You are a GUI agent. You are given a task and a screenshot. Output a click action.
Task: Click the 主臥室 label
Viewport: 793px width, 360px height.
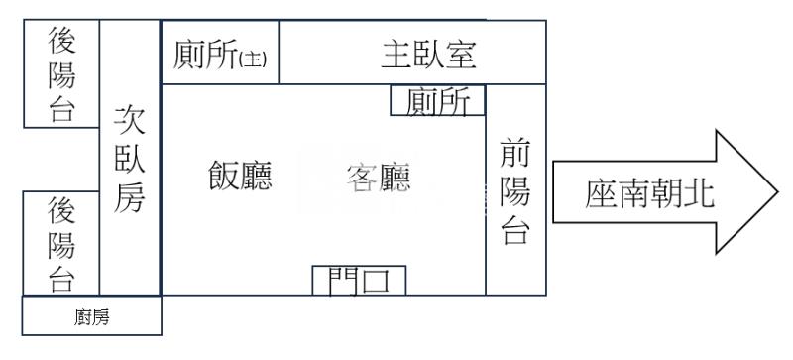coord(429,55)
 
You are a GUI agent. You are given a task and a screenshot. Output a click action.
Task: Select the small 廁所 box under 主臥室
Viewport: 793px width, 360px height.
coord(438,101)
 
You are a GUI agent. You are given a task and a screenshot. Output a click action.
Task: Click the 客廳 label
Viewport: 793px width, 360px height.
coord(378,179)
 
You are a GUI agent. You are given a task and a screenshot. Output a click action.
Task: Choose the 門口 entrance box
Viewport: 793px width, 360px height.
coord(359,281)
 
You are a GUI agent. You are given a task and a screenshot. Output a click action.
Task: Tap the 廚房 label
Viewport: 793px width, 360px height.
coord(91,317)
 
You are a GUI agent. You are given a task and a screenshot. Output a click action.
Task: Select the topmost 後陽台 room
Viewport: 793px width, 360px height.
coord(61,75)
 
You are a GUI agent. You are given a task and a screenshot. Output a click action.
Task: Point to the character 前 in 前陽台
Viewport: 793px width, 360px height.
coord(515,156)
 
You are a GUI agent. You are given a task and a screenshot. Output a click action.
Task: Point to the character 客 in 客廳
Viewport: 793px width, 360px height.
coord(361,179)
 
